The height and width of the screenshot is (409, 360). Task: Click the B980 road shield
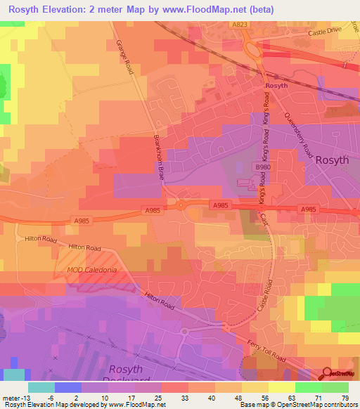(x=262, y=167)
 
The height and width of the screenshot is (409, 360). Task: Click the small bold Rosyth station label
(x=276, y=86)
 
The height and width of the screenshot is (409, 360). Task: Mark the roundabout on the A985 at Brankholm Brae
(x=181, y=205)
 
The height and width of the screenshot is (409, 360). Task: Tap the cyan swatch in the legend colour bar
(x=41, y=387)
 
